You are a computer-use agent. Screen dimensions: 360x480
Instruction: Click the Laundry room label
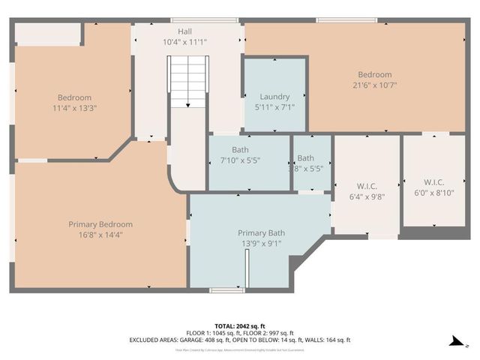point(274,97)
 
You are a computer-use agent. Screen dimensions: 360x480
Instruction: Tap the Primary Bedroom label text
point(100,224)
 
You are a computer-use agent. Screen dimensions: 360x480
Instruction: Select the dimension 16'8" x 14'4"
point(100,235)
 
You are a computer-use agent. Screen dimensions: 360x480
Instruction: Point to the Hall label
point(184,31)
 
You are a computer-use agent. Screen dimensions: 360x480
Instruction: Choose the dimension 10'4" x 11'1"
point(184,42)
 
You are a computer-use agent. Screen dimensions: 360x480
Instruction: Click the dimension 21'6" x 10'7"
point(374,85)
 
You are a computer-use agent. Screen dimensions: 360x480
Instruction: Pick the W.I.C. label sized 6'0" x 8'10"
point(434,182)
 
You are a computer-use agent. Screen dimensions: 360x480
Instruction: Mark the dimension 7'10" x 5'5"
point(247,160)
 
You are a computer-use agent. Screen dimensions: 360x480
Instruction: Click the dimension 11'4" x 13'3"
point(75,108)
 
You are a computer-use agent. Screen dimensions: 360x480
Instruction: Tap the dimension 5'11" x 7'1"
point(274,107)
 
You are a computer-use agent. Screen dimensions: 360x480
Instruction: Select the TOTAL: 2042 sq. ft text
point(239,326)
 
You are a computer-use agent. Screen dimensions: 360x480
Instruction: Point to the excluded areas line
point(239,340)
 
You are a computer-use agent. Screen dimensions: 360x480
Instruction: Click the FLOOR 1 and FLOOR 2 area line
point(239,333)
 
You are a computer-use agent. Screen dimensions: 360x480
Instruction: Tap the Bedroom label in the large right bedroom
point(374,75)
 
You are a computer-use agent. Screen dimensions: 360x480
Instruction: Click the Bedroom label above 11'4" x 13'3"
point(75,97)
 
